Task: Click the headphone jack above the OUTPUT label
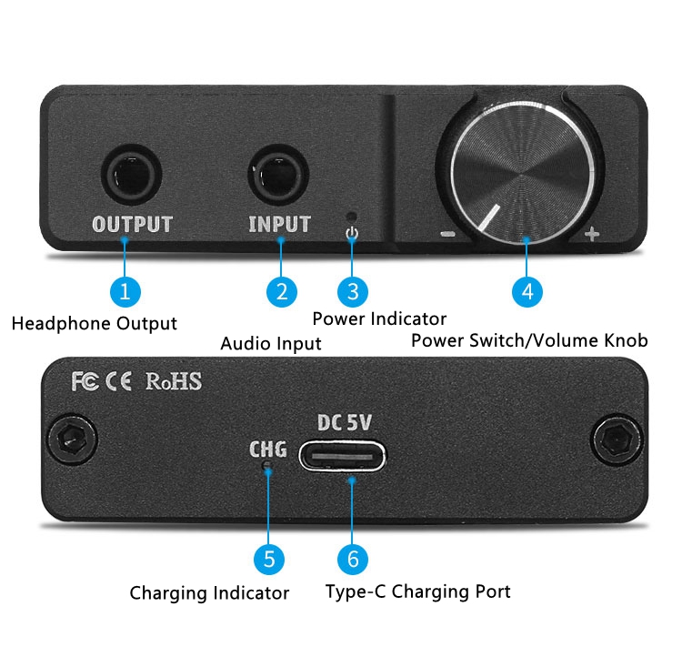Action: [x=131, y=175]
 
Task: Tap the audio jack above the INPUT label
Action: [x=278, y=175]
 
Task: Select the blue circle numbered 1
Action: [x=125, y=291]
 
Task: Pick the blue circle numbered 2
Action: [x=281, y=291]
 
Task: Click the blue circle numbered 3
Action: [x=353, y=291]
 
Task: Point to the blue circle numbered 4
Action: [x=527, y=291]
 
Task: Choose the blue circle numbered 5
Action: [x=269, y=559]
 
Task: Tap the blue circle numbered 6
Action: [x=353, y=559]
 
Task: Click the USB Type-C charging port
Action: [x=342, y=456]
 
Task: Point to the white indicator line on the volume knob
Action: [x=488, y=217]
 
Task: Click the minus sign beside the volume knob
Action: [x=447, y=235]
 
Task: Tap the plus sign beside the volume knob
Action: [x=592, y=234]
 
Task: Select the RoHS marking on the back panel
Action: [x=174, y=381]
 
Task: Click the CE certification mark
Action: [x=118, y=381]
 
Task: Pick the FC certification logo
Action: [x=85, y=381]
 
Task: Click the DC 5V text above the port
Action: [x=345, y=423]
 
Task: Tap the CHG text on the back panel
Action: [x=268, y=450]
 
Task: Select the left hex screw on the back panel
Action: [x=72, y=439]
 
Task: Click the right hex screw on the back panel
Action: [x=617, y=439]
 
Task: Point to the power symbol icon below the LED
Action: [x=352, y=234]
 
